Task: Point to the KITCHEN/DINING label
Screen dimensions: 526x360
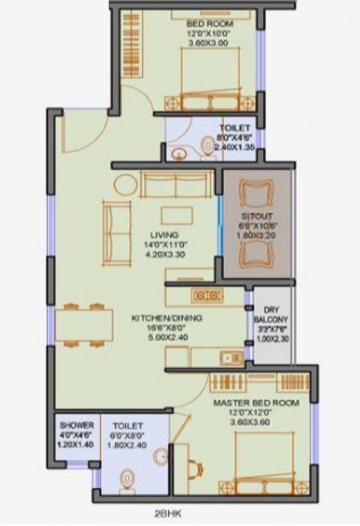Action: [167, 318]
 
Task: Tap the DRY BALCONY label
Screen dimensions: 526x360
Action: [269, 320]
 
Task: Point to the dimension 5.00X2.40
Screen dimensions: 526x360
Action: [167, 339]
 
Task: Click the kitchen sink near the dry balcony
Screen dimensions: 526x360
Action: [228, 358]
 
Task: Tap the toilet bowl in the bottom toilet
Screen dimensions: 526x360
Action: [129, 479]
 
